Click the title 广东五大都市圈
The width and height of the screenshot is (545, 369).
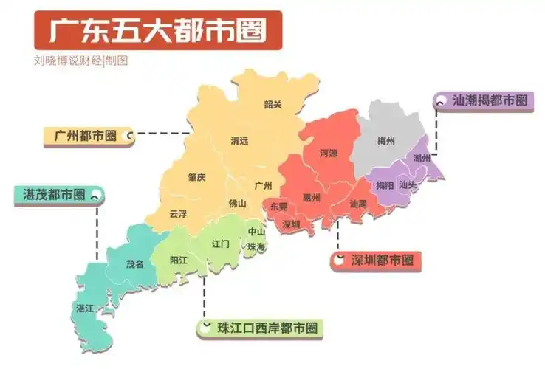(157, 31)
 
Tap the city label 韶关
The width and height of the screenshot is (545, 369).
(273, 104)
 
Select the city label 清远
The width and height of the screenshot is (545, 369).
(239, 140)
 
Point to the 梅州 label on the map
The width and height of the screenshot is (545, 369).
(386, 140)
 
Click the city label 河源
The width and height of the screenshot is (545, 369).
(328, 154)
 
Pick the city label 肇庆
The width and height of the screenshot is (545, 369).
(196, 177)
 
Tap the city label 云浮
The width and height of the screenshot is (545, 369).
(178, 214)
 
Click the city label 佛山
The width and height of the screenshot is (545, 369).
(237, 203)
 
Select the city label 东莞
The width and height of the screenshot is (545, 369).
(278, 207)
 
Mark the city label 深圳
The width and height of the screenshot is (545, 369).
(291, 224)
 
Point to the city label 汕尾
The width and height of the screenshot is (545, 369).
(358, 203)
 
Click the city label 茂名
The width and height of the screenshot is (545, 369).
(134, 263)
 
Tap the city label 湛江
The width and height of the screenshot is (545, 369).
(85, 308)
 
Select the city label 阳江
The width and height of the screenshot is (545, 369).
(178, 260)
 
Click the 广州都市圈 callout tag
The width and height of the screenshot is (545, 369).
(86, 137)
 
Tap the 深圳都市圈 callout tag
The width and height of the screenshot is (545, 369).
(376, 261)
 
